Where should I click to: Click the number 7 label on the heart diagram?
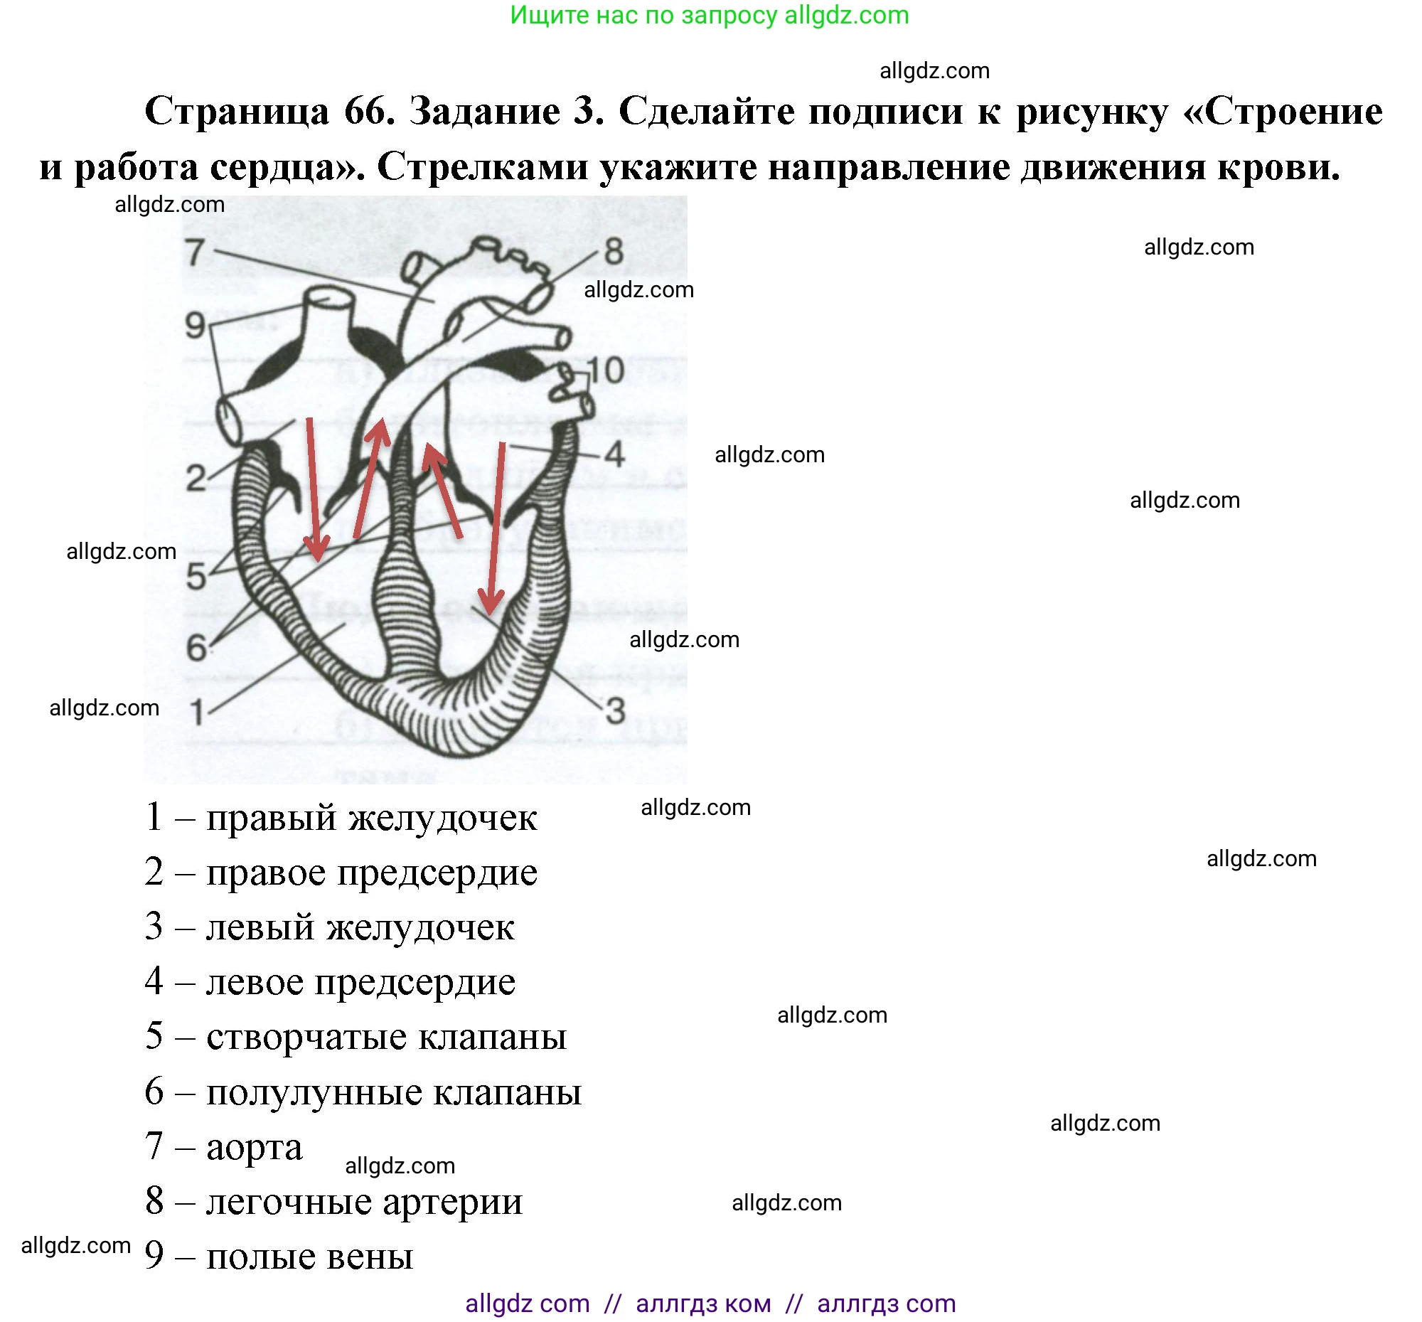[x=196, y=252]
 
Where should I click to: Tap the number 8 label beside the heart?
[x=614, y=252]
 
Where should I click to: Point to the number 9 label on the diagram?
[x=196, y=326]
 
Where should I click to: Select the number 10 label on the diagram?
[x=605, y=371]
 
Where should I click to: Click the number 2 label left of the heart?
[x=196, y=478]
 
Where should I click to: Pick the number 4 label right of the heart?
[x=614, y=454]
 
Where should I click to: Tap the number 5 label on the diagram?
[x=196, y=577]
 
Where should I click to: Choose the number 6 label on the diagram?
[x=196, y=648]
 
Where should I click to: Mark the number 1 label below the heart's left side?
[x=197, y=712]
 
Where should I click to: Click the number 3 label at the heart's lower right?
[x=615, y=710]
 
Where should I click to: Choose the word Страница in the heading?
[x=237, y=111]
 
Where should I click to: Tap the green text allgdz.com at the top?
[x=846, y=15]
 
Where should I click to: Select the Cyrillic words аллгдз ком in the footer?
[x=703, y=1304]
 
